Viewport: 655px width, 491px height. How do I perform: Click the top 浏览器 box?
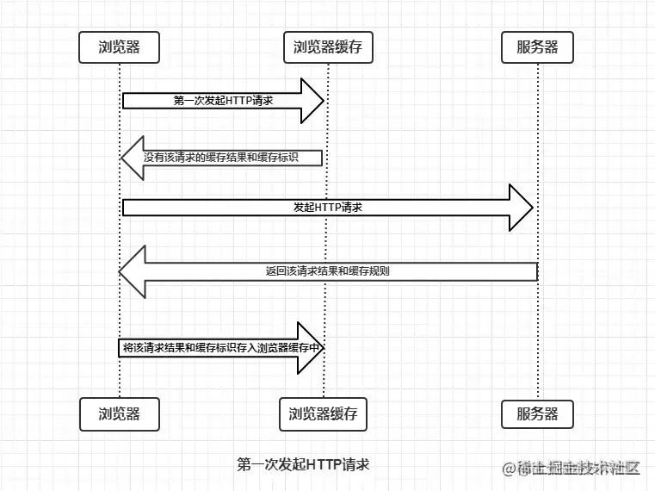click(x=120, y=47)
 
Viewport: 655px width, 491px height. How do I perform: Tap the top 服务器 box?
click(x=537, y=47)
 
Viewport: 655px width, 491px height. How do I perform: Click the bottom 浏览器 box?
click(x=120, y=413)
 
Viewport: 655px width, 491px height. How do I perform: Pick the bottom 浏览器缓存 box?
click(x=323, y=413)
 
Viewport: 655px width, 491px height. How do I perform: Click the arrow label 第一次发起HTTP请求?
click(x=223, y=101)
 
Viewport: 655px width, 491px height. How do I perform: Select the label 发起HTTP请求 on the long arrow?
click(x=328, y=208)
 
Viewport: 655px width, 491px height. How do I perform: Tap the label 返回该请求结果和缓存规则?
click(x=327, y=270)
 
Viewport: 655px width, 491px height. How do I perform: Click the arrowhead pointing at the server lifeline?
click(x=522, y=208)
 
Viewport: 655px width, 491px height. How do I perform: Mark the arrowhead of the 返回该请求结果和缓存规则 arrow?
click(x=133, y=271)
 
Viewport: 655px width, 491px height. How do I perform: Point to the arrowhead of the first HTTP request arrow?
click(x=312, y=101)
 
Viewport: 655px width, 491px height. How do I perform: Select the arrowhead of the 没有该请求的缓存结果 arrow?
click(x=132, y=158)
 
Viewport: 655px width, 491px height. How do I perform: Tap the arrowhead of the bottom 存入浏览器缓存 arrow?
click(x=311, y=348)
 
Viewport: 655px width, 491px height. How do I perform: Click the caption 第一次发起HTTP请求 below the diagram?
click(x=303, y=464)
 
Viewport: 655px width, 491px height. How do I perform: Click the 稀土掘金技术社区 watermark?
click(x=578, y=468)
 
